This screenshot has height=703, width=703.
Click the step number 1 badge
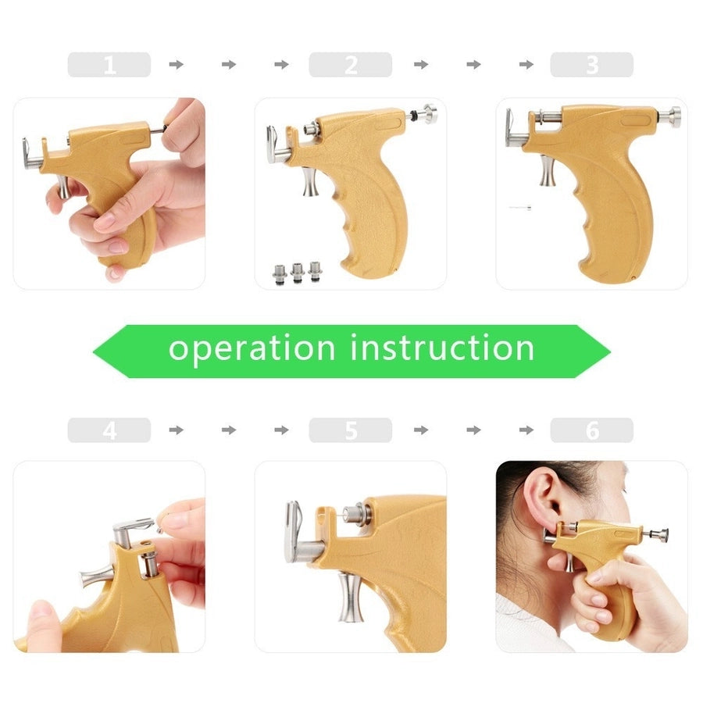coord(109,64)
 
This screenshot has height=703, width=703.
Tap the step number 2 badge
coord(350,64)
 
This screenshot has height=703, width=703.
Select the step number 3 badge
coord(591,64)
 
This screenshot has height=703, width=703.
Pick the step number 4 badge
coord(109,430)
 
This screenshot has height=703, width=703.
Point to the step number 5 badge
coord(350,430)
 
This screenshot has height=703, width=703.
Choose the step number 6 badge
coord(591,430)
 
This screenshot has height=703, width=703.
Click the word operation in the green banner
coord(252,348)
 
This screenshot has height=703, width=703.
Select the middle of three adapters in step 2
coord(298,273)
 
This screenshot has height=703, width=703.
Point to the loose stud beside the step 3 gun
coord(519,208)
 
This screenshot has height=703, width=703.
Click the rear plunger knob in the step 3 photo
coord(670,117)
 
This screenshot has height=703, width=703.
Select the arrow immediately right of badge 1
coord(177,64)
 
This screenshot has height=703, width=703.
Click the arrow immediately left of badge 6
coord(526,430)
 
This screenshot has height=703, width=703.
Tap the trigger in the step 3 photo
coord(547,170)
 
